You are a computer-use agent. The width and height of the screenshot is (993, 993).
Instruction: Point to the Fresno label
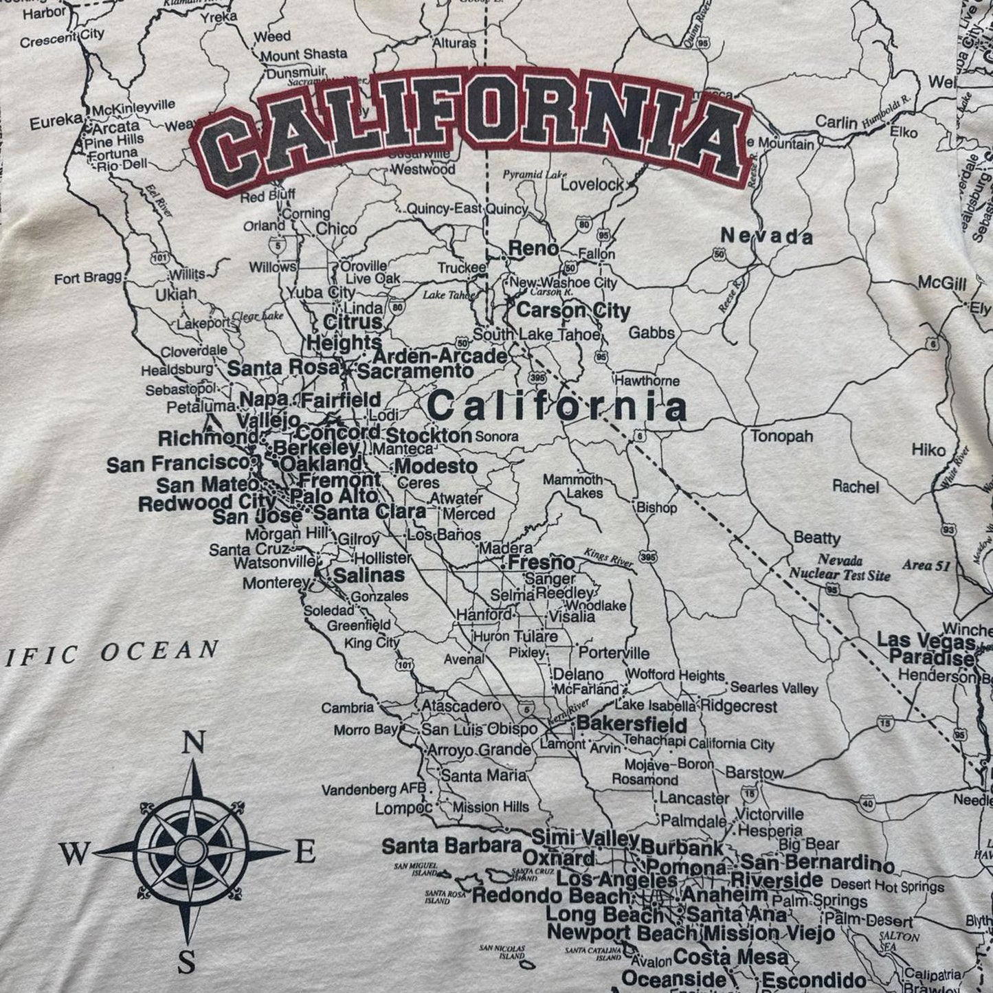[x=541, y=562]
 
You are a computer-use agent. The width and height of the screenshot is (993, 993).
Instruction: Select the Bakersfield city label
[x=632, y=724]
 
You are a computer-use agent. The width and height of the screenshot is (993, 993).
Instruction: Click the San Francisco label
[x=177, y=465]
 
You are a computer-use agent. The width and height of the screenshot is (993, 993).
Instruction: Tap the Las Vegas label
[x=926, y=641]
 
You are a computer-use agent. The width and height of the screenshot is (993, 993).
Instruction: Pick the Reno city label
[x=533, y=249]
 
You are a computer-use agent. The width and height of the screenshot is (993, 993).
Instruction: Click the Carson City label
[x=572, y=310]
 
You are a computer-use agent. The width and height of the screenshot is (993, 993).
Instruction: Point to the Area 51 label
[x=926, y=565]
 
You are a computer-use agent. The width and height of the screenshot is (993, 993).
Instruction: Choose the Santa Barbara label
[x=451, y=845]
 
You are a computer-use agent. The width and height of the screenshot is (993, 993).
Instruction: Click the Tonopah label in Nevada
[x=781, y=436]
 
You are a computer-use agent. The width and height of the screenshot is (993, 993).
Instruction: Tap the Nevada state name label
[x=766, y=237]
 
